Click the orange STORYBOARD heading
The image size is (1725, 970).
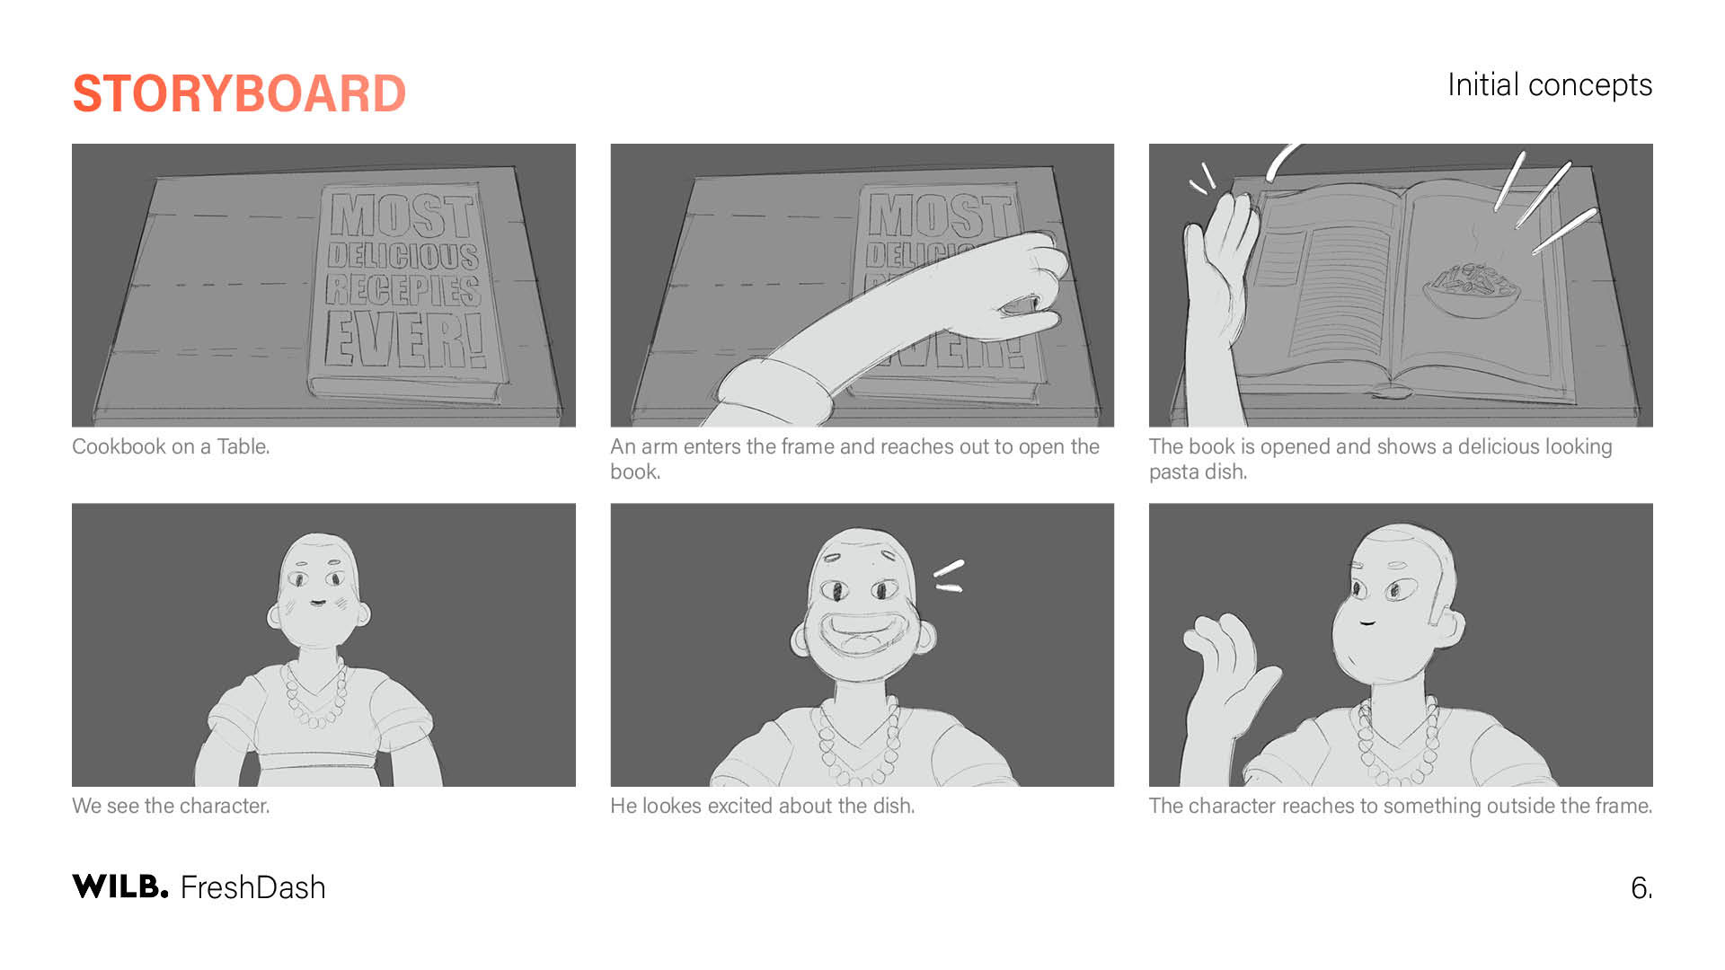pyautogui.click(x=239, y=94)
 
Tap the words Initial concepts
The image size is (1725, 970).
pyautogui.click(x=1549, y=85)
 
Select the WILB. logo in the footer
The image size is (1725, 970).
pyautogui.click(x=120, y=886)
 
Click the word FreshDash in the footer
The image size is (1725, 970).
pyautogui.click(x=253, y=887)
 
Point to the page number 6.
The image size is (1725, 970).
pyautogui.click(x=1641, y=888)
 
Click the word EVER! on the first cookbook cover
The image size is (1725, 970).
pyautogui.click(x=405, y=339)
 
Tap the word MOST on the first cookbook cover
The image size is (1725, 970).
pyautogui.click(x=402, y=215)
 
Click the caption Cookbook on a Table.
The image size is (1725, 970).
pyautogui.click(x=171, y=446)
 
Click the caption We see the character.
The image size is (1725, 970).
pyautogui.click(x=171, y=806)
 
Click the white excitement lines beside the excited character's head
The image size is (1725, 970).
pyautogui.click(x=949, y=576)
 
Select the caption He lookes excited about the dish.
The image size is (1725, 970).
pyautogui.click(x=763, y=806)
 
